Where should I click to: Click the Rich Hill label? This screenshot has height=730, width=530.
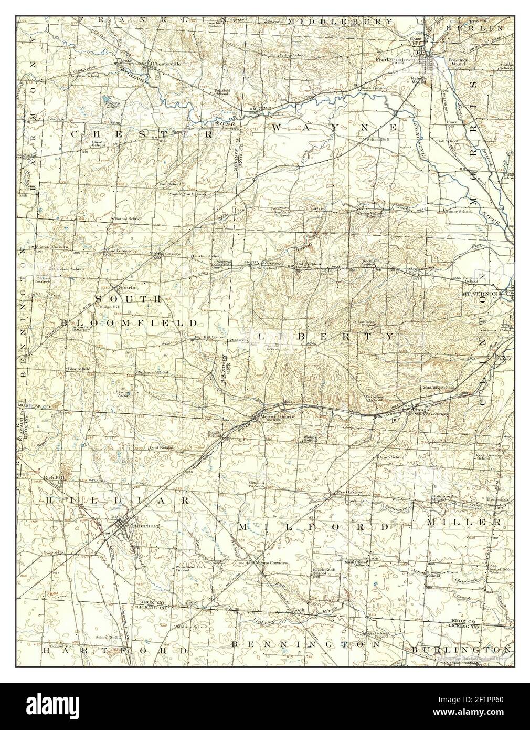[54, 477]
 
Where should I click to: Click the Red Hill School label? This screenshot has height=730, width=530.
[210, 337]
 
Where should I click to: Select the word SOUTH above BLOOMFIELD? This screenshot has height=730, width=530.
[128, 298]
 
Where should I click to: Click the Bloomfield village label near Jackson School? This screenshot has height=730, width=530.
[79, 369]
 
